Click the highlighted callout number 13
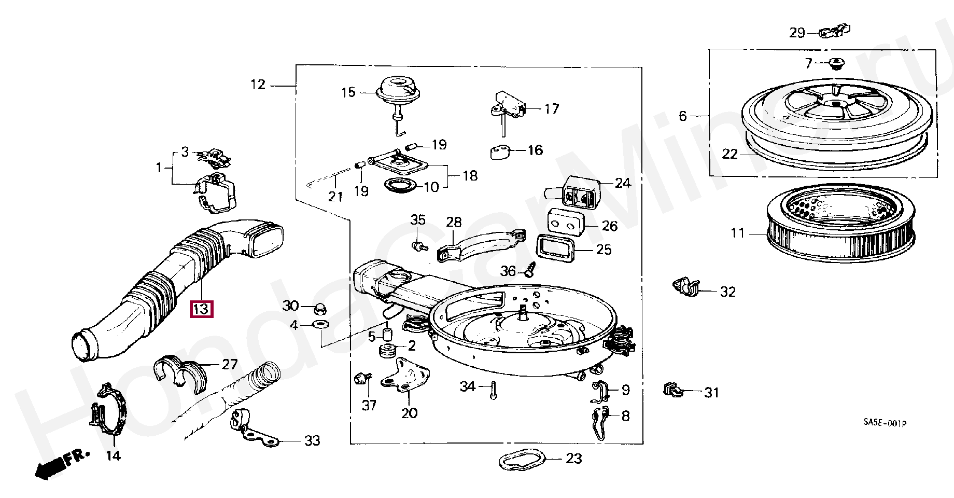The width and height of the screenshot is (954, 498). [201, 309]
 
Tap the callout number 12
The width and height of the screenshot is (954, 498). [258, 85]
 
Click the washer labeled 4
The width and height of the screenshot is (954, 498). [320, 326]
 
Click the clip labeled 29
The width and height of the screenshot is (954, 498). [835, 32]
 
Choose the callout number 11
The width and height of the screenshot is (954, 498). [738, 233]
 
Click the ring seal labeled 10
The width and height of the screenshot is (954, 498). [399, 185]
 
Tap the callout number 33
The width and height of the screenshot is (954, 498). [312, 441]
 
